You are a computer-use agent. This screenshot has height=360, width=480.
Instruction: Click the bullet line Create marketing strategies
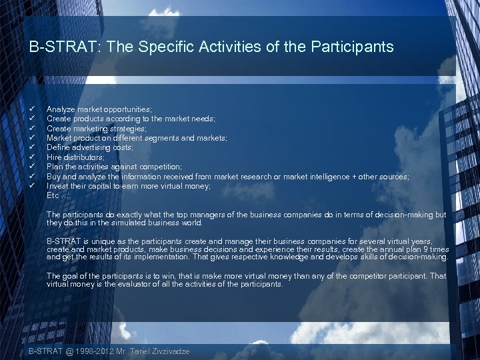tap(96, 128)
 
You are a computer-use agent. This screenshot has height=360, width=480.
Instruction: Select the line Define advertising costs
tap(89, 147)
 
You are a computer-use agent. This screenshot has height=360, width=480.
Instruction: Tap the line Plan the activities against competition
tap(114, 167)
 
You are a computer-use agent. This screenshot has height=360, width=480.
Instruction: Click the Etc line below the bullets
tap(57, 195)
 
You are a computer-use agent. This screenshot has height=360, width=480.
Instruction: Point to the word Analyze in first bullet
tap(60, 109)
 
